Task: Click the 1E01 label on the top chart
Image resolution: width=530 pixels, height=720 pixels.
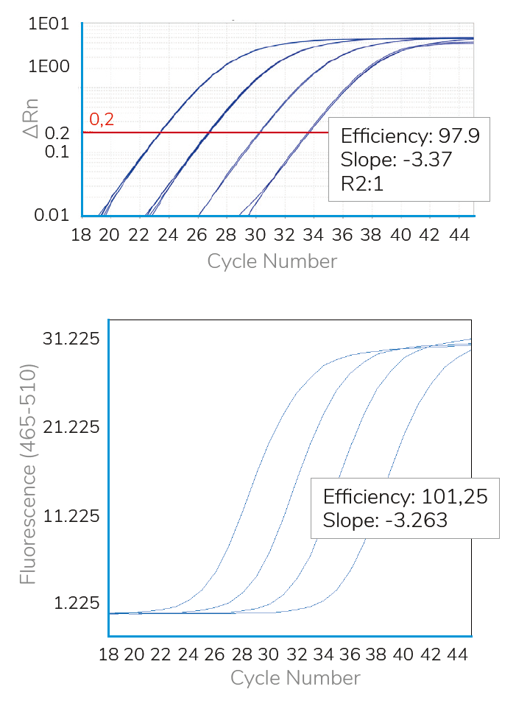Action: coord(49,24)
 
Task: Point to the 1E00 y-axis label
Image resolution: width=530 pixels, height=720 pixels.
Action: coord(49,66)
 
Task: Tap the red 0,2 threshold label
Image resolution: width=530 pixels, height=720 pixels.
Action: coord(102,119)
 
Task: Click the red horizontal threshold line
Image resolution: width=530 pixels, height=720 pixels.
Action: coord(206,133)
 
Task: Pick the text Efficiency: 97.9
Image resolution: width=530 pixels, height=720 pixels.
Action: coord(410,136)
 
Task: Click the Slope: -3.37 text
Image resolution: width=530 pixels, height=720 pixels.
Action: coord(396,159)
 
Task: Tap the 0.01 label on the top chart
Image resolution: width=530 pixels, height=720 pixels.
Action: coord(52,215)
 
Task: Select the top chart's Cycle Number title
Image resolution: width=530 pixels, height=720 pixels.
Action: coord(272,261)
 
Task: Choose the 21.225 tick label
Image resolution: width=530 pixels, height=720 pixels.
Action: coord(72,428)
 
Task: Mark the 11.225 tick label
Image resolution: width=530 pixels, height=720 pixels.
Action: coord(72,516)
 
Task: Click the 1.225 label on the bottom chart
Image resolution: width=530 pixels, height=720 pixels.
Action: coord(77,604)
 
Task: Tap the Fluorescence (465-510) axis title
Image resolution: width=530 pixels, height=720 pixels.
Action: coord(28,473)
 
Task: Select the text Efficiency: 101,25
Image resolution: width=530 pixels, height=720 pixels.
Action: coord(406,496)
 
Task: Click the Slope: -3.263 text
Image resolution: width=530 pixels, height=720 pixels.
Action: coord(385,520)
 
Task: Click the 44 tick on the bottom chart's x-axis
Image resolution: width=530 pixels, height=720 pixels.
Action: coord(459,654)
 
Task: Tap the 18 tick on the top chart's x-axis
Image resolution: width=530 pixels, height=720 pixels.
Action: coord(82,235)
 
